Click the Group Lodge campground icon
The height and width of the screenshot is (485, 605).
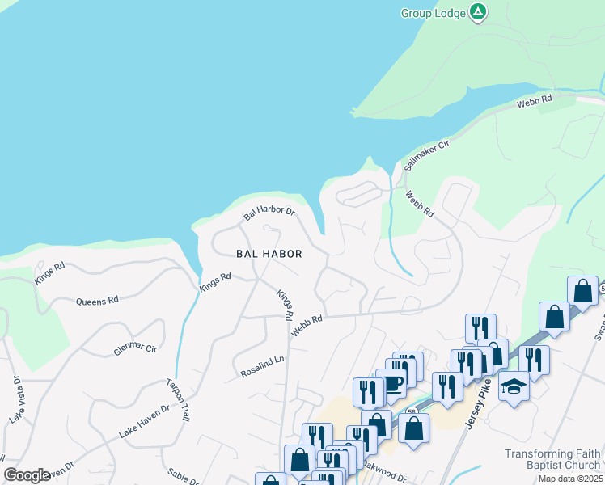click(478, 12)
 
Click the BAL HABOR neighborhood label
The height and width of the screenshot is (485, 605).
click(269, 254)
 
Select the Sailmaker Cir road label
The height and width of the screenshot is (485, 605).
click(426, 152)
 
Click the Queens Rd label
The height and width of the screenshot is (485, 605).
click(97, 301)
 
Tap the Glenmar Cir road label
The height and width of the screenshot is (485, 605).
click(134, 348)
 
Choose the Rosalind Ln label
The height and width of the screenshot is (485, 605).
click(263, 368)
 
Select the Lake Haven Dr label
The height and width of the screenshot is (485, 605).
click(144, 421)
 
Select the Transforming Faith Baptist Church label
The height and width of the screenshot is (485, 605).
click(552, 459)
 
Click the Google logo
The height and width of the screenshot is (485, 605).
click(27, 475)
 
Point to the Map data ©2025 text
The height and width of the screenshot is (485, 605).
click(570, 479)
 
